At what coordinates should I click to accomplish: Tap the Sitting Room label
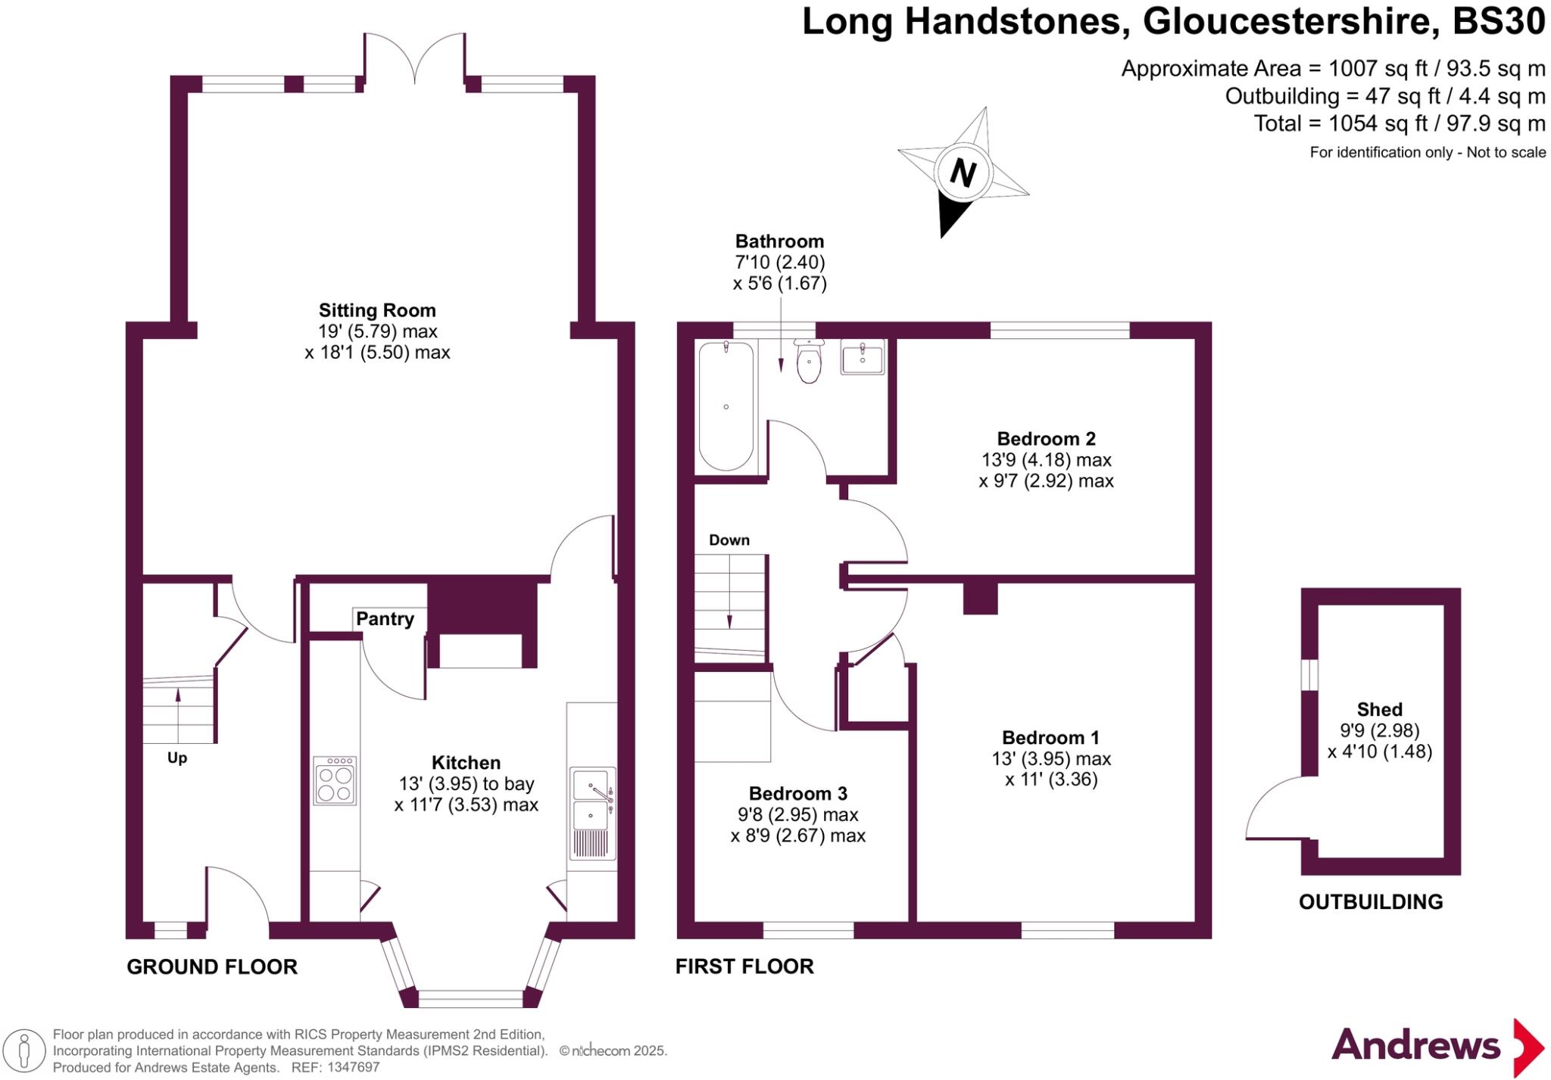[x=377, y=310]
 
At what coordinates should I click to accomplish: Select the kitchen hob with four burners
[x=335, y=780]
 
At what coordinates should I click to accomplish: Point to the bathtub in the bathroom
[x=726, y=406]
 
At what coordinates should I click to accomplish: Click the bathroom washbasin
[x=862, y=357]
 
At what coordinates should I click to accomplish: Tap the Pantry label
[x=385, y=619]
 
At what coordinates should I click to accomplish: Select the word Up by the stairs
[x=177, y=758]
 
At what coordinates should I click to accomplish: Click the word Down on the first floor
[x=729, y=540]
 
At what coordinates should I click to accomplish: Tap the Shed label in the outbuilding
[x=1379, y=710]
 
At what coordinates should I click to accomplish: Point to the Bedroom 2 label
[x=1046, y=439]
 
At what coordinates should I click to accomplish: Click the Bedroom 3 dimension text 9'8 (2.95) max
[x=797, y=815]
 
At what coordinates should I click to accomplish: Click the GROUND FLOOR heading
[x=212, y=967]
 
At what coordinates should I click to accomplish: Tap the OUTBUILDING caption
[x=1371, y=902]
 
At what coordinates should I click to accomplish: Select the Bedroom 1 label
[x=1050, y=738]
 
